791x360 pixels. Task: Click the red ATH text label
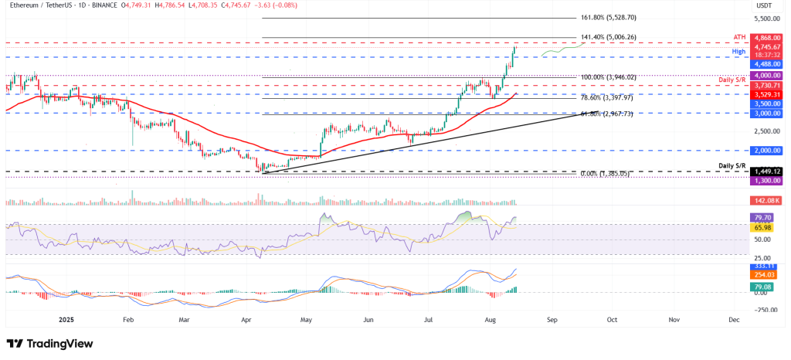pyautogui.click(x=739, y=36)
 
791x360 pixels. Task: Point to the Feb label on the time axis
pyautogui.click(x=128, y=318)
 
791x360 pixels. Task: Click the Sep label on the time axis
pyautogui.click(x=551, y=318)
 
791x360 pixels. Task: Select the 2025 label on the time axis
pyautogui.click(x=67, y=318)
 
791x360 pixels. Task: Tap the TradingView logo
pyautogui.click(x=49, y=344)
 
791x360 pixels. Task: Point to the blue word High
pyautogui.click(x=740, y=51)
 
